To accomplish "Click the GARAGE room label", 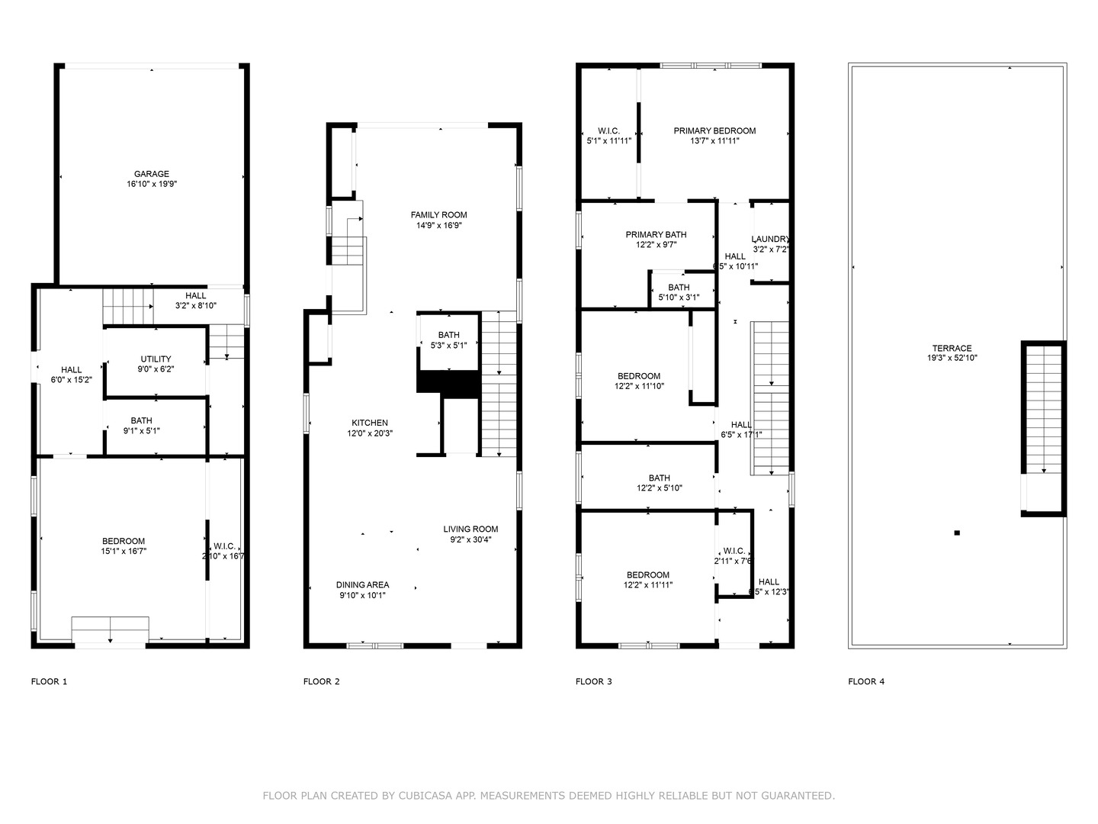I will point(152,174).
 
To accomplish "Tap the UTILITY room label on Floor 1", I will point(156,359).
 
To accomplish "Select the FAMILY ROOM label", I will point(438,215).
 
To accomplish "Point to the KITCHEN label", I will point(370,423).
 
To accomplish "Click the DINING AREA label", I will point(362,585).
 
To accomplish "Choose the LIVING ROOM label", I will point(470,529).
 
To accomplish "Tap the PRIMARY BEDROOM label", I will point(714,130).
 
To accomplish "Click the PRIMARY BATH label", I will point(656,234).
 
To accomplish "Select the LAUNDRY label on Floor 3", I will point(770,239).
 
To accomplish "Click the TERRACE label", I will point(952,348).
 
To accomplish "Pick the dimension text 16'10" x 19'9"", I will point(152,185).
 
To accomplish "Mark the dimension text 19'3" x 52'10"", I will point(952,358).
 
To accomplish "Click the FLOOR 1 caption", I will point(49,681).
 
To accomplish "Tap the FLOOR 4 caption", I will point(866,681).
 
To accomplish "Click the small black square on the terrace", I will point(957,533).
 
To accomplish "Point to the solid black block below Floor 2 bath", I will point(448,384).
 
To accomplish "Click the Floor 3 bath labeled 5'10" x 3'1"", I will point(679,292).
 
